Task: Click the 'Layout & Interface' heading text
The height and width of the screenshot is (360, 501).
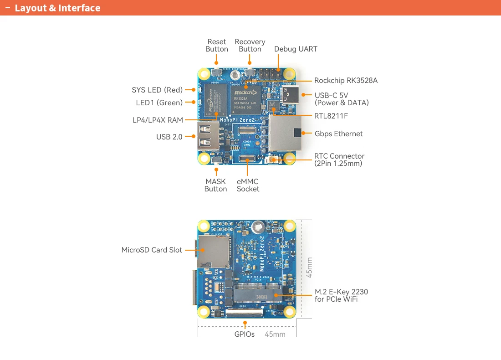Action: pyautogui.click(x=57, y=8)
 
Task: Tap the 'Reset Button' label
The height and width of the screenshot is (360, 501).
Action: pyautogui.click(x=217, y=46)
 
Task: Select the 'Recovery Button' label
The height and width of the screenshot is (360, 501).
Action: pyautogui.click(x=250, y=46)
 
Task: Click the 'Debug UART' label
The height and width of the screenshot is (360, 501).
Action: pyautogui.click(x=296, y=49)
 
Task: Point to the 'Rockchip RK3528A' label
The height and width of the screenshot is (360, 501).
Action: pyautogui.click(x=346, y=81)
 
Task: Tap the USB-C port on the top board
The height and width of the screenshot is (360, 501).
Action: pyautogui.click(x=290, y=95)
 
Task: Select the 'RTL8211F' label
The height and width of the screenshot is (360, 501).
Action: pyautogui.click(x=331, y=116)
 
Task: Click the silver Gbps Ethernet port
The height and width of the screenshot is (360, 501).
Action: pyautogui.click(x=285, y=133)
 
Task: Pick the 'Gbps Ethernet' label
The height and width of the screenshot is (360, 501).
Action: pyautogui.click(x=338, y=134)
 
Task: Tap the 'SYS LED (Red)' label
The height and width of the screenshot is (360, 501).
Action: pyautogui.click(x=157, y=90)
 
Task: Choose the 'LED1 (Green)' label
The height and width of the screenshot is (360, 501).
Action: pyautogui.click(x=159, y=103)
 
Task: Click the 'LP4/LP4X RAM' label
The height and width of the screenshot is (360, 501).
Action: pyautogui.click(x=158, y=120)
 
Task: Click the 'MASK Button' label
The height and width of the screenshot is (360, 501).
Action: pyautogui.click(x=215, y=185)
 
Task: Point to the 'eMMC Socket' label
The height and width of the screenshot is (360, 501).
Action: pyautogui.click(x=248, y=185)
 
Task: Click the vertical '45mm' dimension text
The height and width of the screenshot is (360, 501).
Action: pyautogui.click(x=310, y=267)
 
